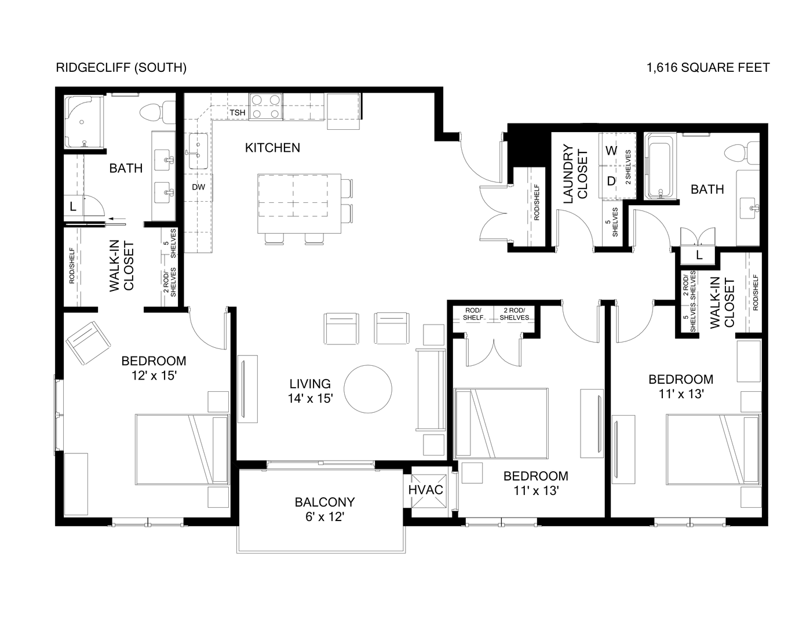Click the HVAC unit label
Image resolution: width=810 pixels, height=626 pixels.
point(426,490)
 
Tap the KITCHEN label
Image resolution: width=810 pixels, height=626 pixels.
point(272,148)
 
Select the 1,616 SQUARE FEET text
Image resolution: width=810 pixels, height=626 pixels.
point(708,68)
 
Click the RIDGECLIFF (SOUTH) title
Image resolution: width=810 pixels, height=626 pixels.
point(121,68)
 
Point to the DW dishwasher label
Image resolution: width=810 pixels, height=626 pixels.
point(198,187)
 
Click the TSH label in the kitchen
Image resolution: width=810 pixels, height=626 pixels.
point(238,112)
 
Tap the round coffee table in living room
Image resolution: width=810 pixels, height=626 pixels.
point(368,388)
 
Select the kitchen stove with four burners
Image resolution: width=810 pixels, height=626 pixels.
point(266,107)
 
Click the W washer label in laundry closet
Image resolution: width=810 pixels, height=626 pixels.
point(611,151)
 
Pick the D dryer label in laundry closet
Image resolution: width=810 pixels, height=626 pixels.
point(611,181)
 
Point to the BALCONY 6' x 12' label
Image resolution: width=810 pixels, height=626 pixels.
point(324,509)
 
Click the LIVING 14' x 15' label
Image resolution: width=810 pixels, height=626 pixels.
point(310,391)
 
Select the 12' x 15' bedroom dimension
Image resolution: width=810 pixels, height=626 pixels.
point(154,375)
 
